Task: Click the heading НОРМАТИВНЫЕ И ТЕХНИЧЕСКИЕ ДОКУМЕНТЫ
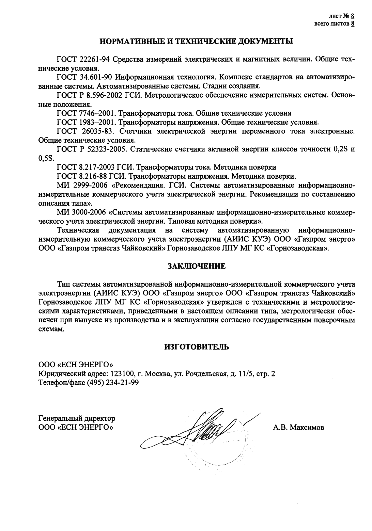tap(196, 42)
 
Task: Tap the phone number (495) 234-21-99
tap(113, 383)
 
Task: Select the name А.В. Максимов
tap(298, 427)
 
